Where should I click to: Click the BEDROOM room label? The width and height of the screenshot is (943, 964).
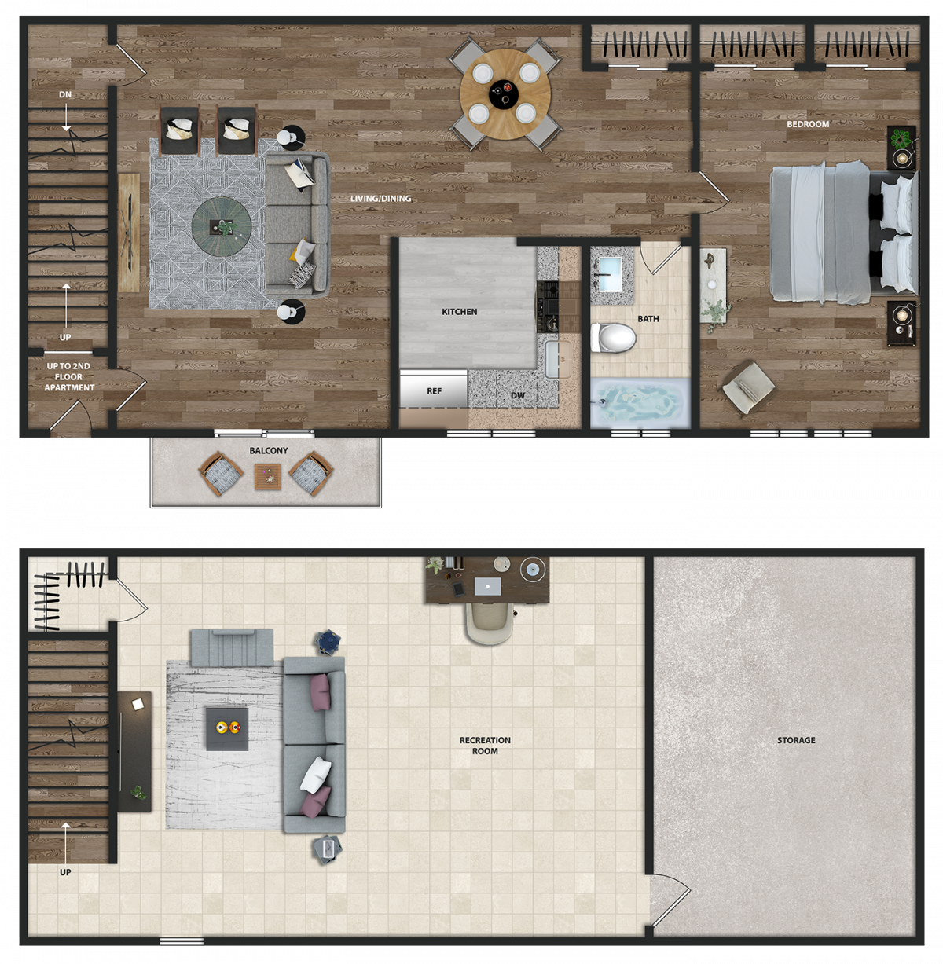(x=808, y=124)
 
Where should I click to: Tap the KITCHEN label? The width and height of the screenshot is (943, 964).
(x=460, y=312)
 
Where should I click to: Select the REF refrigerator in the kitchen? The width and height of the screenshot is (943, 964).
(x=434, y=390)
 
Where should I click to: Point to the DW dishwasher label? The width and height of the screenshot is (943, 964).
(x=517, y=395)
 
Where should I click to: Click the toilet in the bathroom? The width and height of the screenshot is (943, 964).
(x=614, y=338)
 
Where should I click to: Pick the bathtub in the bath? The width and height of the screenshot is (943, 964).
(x=640, y=403)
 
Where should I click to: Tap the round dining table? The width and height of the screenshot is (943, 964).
(x=505, y=93)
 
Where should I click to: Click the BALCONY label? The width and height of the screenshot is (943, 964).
(x=269, y=451)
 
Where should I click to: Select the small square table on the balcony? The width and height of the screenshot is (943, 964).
(x=268, y=477)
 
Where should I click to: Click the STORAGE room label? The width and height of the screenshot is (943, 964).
(x=796, y=740)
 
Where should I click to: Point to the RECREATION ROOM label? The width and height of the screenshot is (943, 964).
(x=485, y=746)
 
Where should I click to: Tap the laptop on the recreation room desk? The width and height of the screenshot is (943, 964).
(x=487, y=586)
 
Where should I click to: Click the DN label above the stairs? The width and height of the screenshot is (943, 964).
(x=65, y=94)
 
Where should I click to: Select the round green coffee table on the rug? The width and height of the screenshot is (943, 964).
(x=222, y=227)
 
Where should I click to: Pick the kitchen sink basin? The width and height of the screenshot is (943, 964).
(x=552, y=360)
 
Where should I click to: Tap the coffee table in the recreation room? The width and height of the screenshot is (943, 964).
(x=227, y=729)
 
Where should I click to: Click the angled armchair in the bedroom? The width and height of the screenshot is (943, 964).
(x=749, y=387)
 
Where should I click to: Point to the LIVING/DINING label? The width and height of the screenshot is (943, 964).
(x=380, y=199)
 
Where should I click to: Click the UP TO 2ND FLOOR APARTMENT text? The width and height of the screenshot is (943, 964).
(x=69, y=377)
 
